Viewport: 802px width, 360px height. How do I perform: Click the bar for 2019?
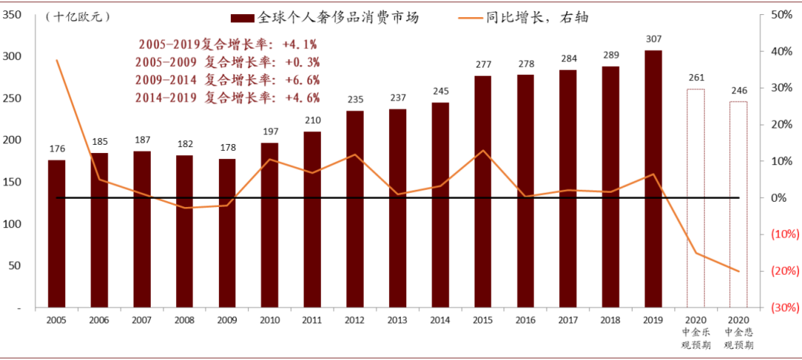pyautogui.click(x=653, y=178)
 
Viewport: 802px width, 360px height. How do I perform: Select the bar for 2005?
pyautogui.click(x=56, y=233)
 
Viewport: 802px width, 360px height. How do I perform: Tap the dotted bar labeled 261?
pyautogui.click(x=695, y=197)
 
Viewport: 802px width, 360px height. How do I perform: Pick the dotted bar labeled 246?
pyautogui.click(x=738, y=204)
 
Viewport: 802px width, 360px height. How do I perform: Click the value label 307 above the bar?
pyautogui.click(x=653, y=39)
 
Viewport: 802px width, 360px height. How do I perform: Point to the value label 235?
pyautogui.click(x=355, y=99)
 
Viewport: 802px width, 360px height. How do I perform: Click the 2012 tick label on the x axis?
pyautogui.click(x=355, y=320)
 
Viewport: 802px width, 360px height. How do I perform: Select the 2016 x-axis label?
pyautogui.click(x=525, y=320)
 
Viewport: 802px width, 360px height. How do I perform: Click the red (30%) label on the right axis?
pyautogui.click(x=784, y=307)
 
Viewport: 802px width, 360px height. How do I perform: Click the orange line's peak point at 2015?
pyautogui.click(x=483, y=151)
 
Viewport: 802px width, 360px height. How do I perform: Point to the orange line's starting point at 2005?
pyautogui.click(x=56, y=60)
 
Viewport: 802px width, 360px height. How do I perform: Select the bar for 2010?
pyautogui.click(x=270, y=225)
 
